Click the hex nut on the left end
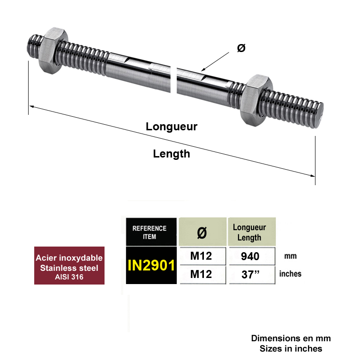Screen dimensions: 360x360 (x=53, y=51)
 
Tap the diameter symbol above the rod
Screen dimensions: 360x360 (x=241, y=48)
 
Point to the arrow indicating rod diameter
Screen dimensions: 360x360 (x=215, y=62)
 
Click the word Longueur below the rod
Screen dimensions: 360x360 (x=172, y=127)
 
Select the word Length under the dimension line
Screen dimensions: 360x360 (x=172, y=154)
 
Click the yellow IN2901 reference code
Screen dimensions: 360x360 (x=151, y=265)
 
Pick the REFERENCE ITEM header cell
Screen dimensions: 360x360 (x=151, y=232)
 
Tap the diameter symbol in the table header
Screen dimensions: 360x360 (x=202, y=233)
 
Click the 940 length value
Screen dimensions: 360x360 (x=250, y=256)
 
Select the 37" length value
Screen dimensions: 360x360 (x=250, y=274)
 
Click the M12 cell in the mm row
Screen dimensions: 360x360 (x=201, y=256)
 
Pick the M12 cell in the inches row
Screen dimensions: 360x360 (x=201, y=274)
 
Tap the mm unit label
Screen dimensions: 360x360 (x=291, y=256)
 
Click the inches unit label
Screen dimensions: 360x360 (x=290, y=274)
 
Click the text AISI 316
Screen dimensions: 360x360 (x=69, y=277)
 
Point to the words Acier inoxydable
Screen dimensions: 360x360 (x=69, y=258)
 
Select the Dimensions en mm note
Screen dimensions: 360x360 (x=291, y=338)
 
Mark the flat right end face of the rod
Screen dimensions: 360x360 (x=320, y=115)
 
